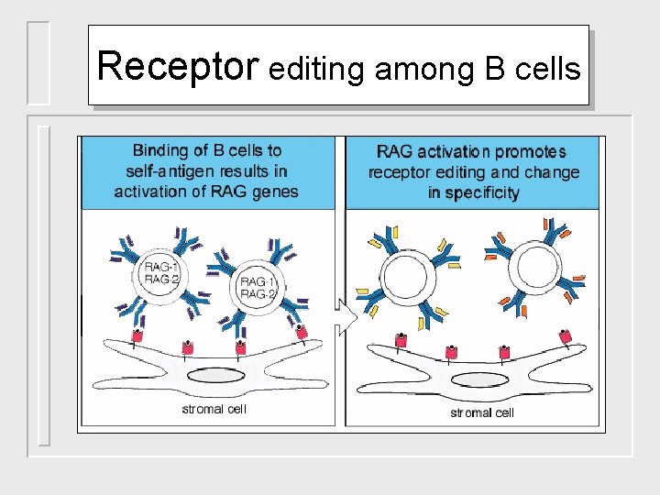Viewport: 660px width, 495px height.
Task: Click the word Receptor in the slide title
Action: pos(179,66)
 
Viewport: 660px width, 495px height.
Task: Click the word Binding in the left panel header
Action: pos(159,150)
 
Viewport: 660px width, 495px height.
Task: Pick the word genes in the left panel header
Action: pos(277,192)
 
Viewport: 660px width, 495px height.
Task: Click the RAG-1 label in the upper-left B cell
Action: pos(162,267)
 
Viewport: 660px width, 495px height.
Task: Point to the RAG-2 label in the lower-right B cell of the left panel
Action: pos(258,294)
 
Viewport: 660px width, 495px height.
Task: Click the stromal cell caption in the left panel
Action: pos(216,409)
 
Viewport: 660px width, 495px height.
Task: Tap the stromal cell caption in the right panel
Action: pos(482,412)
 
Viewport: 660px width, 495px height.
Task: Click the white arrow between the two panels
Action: pos(346,313)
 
